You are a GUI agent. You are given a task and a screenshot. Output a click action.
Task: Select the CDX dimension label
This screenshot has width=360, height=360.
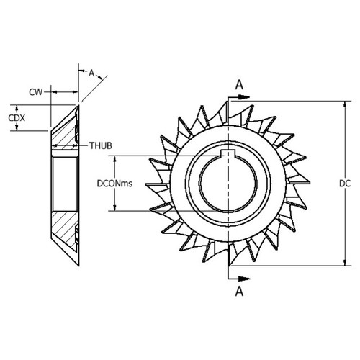(13, 117)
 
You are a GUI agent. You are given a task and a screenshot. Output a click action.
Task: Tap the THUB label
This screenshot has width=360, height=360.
(100, 145)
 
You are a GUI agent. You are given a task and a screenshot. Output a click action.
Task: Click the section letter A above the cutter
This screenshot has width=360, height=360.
(239, 84)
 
